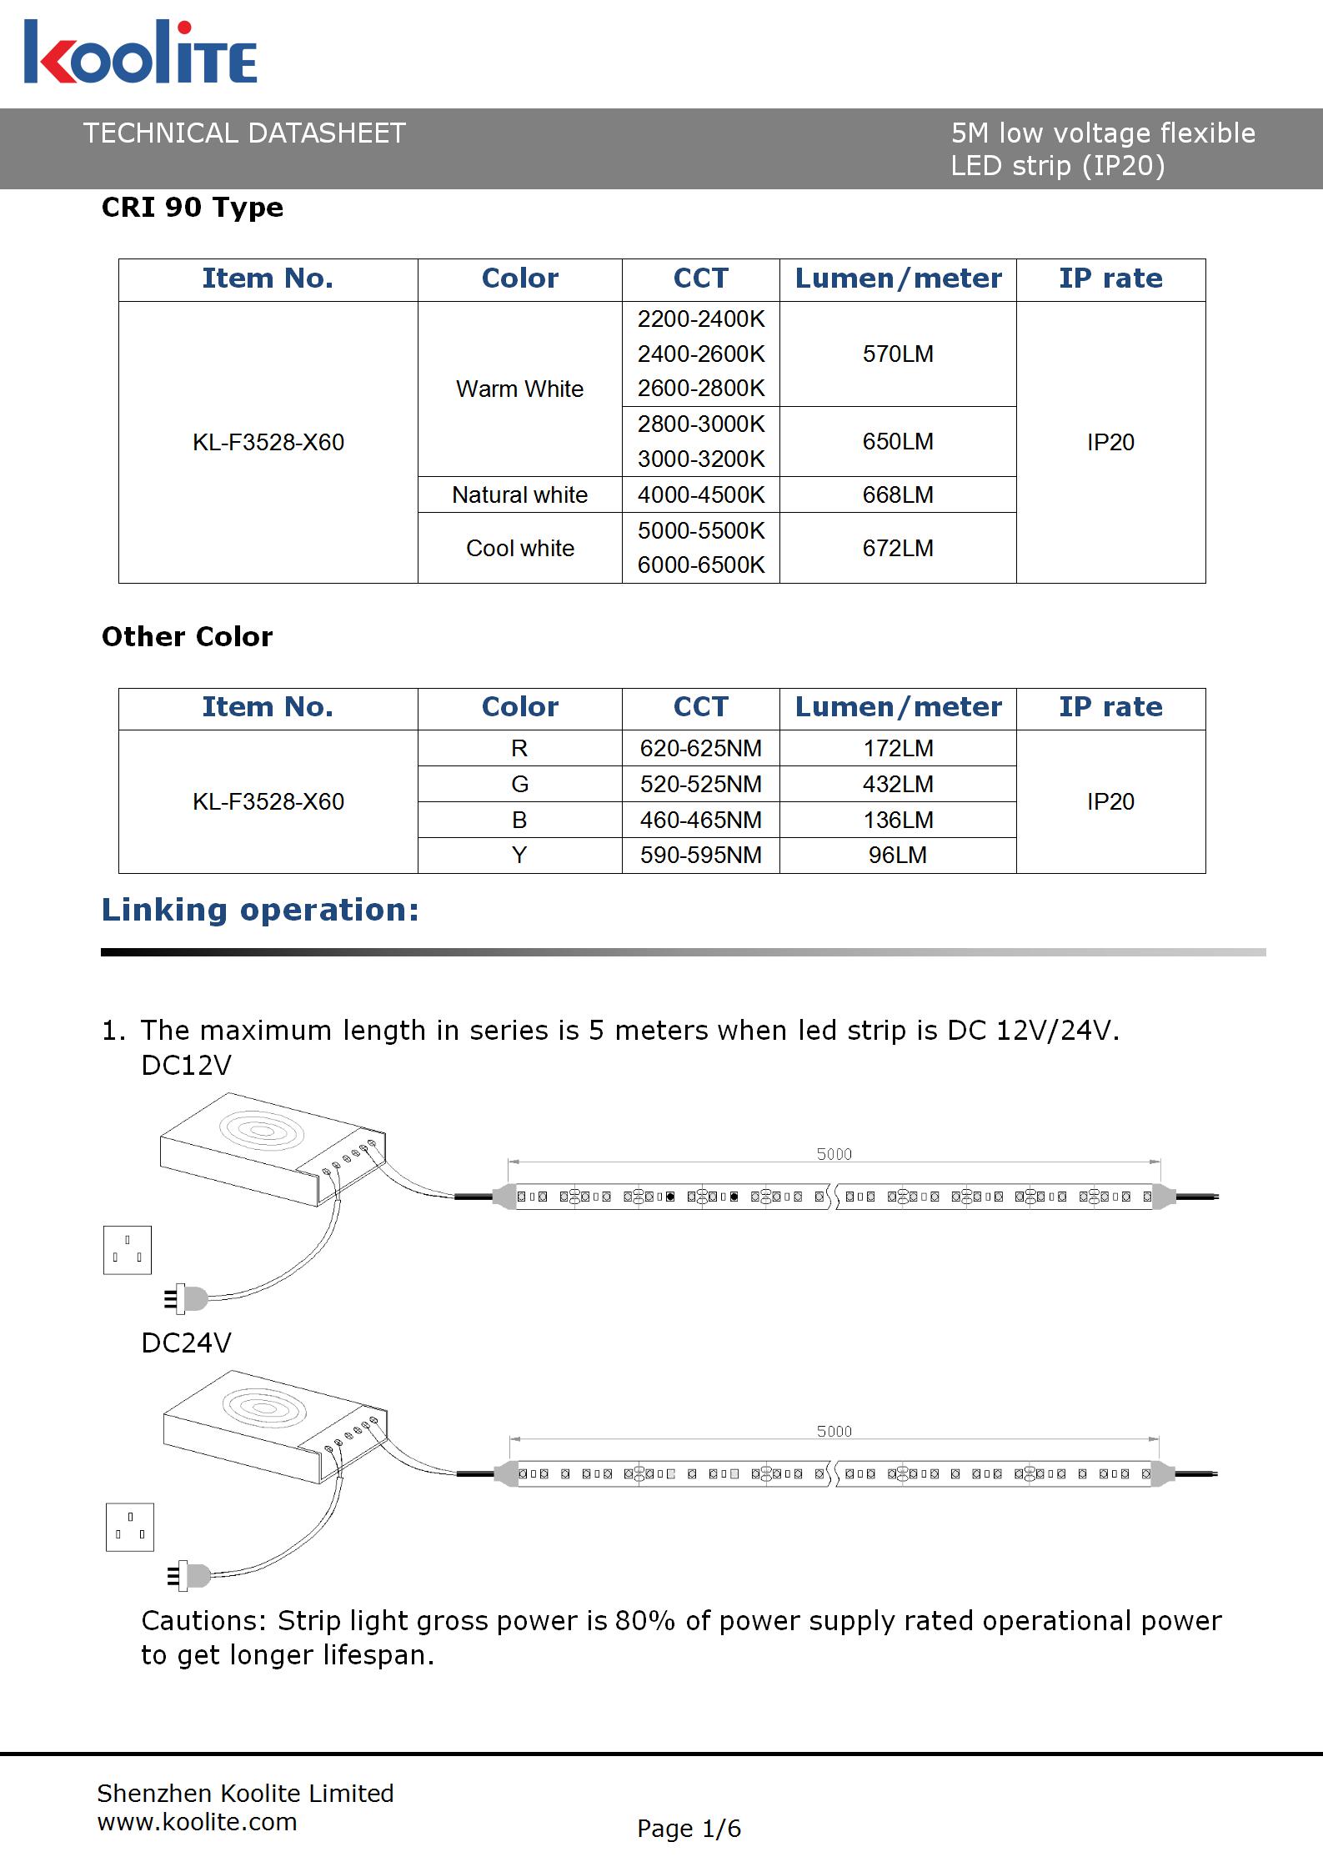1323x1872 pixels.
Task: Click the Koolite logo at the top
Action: [140, 53]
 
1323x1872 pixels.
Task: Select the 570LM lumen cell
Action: [898, 354]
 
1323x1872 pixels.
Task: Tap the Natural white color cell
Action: [519, 495]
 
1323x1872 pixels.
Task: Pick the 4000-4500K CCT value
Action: [701, 495]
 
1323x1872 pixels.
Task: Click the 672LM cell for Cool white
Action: [898, 548]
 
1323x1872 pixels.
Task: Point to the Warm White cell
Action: [519, 389]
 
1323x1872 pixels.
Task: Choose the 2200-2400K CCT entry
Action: [701, 319]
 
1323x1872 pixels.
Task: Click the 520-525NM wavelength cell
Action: [701, 785]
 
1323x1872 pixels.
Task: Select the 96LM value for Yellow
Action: [898, 856]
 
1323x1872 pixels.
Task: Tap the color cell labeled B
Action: [519, 821]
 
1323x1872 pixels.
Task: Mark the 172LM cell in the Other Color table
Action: [898, 749]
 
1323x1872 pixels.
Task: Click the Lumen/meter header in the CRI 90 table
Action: [898, 279]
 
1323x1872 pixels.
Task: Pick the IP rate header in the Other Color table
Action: [1110, 707]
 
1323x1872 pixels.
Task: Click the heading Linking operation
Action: [260, 910]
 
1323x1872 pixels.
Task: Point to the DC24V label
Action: [186, 1343]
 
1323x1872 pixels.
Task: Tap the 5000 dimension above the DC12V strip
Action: [834, 1154]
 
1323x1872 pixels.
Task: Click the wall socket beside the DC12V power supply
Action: [128, 1250]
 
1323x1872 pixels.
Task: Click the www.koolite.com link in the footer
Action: [197, 1822]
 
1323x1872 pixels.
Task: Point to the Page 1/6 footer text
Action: [689, 1829]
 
